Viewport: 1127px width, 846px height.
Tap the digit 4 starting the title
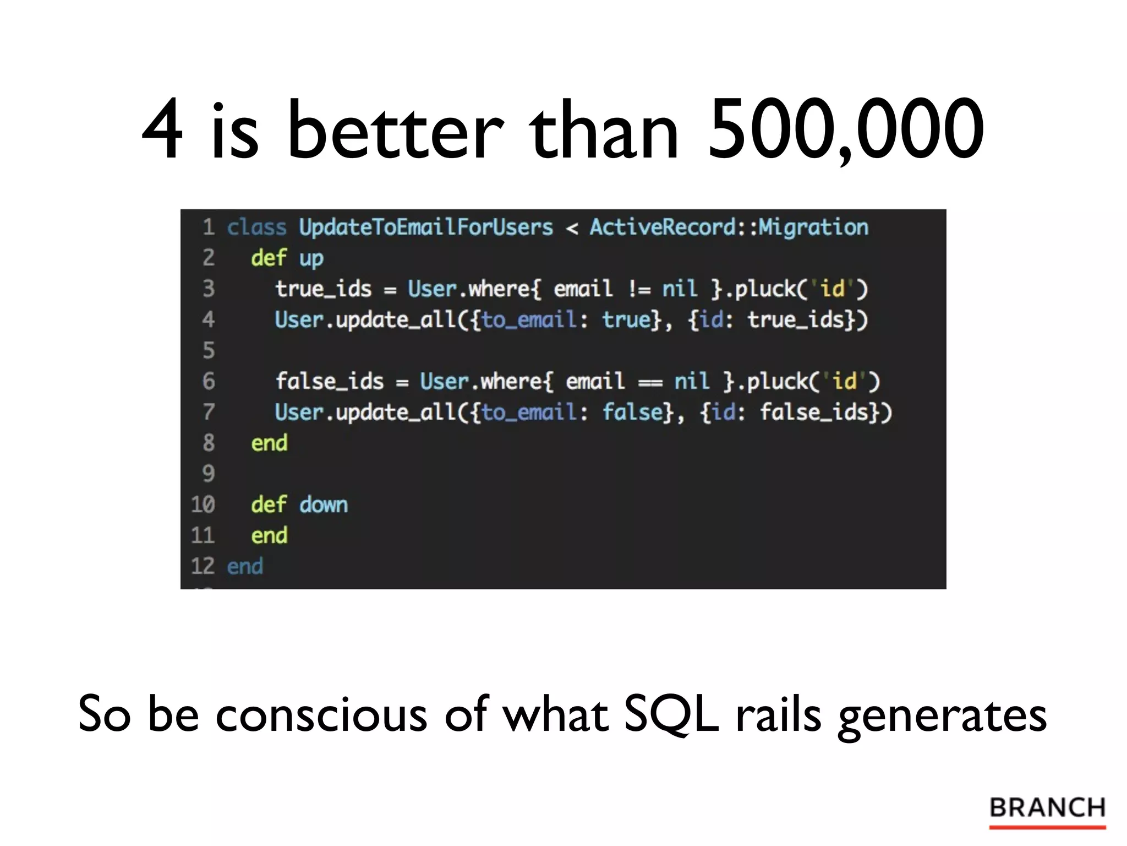pyautogui.click(x=162, y=131)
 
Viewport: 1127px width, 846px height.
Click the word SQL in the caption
pyautogui.click(x=671, y=714)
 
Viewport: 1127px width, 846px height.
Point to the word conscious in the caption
pyautogui.click(x=321, y=714)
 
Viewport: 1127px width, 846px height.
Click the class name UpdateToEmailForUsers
pyautogui.click(x=425, y=227)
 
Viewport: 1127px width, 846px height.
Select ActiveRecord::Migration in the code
pyautogui.click(x=729, y=227)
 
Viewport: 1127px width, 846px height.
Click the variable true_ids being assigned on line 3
pyautogui.click(x=323, y=289)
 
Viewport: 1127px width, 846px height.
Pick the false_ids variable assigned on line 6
pyautogui.click(x=329, y=381)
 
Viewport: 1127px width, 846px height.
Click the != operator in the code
pyautogui.click(x=639, y=289)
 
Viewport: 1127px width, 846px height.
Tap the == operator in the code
pyautogui.click(x=650, y=382)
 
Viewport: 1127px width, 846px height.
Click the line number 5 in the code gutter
pyautogui.click(x=209, y=350)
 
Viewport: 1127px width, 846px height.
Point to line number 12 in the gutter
pyautogui.click(x=202, y=566)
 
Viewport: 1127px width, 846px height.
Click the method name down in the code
pyautogui.click(x=324, y=505)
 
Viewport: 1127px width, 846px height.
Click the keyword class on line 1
pyautogui.click(x=256, y=227)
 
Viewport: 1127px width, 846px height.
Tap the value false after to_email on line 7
pyautogui.click(x=633, y=412)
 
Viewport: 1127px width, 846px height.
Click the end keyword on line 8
pyautogui.click(x=269, y=443)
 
